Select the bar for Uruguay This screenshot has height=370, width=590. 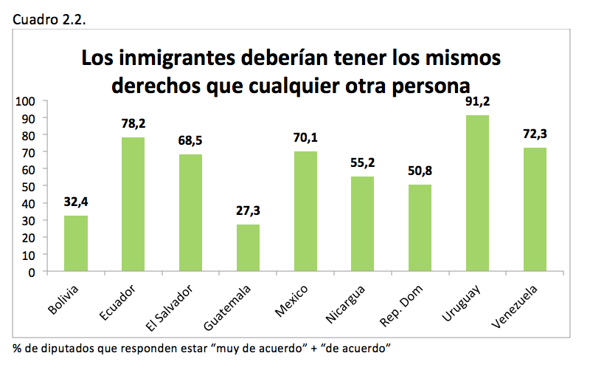pos(477,193)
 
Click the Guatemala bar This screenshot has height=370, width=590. pos(247,248)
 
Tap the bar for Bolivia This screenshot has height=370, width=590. pos(75,244)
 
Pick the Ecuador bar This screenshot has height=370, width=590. pos(133,205)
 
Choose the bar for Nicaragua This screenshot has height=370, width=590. pos(362,224)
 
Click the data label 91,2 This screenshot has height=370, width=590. pos(477,102)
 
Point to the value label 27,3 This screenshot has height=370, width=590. pos(248,211)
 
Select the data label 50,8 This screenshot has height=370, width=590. pos(420,171)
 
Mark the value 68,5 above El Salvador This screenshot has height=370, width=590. pos(190,140)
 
